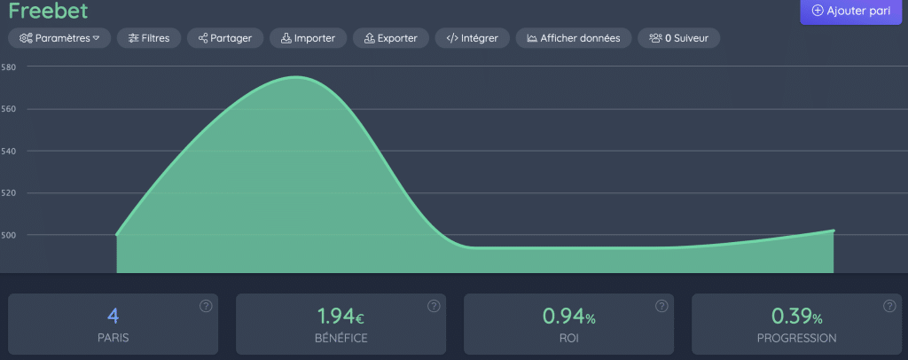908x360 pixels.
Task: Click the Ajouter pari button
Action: click(x=852, y=12)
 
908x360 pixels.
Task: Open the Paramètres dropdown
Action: click(x=59, y=38)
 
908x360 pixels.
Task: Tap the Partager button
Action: click(x=225, y=38)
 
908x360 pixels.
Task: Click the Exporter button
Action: click(x=391, y=38)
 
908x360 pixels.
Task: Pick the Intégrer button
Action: click(x=472, y=38)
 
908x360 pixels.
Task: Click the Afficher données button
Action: click(x=574, y=38)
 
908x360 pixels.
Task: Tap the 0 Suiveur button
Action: click(x=678, y=38)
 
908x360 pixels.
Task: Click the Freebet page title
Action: click(x=48, y=12)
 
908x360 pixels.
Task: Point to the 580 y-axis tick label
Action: click(x=9, y=67)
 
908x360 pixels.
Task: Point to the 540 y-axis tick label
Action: click(x=9, y=151)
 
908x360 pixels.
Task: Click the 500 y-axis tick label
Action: click(x=9, y=235)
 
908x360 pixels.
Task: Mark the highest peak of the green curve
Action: click(x=297, y=77)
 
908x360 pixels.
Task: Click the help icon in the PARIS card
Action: click(x=206, y=306)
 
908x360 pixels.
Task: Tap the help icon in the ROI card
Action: click(x=661, y=306)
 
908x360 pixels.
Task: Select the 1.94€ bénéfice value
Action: click(x=340, y=316)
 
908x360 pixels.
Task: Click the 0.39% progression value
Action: click(x=796, y=316)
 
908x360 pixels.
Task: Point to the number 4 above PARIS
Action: click(x=113, y=316)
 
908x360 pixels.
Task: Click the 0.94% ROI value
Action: click(x=568, y=316)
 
